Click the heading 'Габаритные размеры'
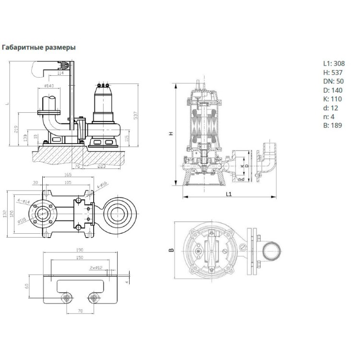pos(39,48)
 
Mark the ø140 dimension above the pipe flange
pos(49,85)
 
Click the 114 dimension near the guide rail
pos(60,73)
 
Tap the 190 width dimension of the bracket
pos(79,250)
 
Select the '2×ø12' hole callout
pos(95,267)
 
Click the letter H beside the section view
pos(171,134)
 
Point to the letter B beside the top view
pos(171,250)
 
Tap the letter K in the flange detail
pos(241,166)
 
